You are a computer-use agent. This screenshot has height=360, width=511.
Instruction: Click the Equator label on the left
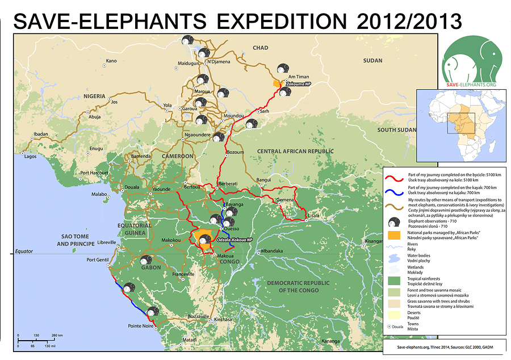click(25, 251)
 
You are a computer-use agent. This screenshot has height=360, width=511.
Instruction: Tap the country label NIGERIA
click(95, 97)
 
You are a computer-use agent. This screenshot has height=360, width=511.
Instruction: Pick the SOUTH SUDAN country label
click(398, 130)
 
